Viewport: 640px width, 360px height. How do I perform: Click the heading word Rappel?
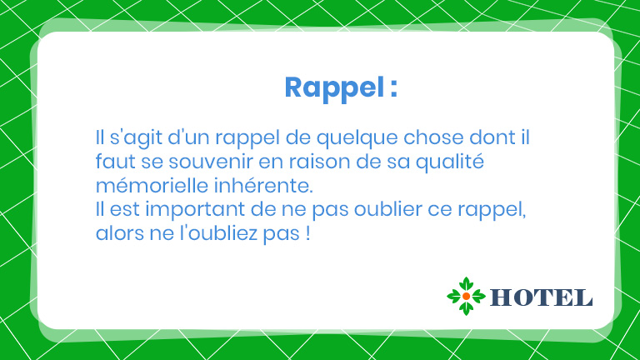tap(334, 88)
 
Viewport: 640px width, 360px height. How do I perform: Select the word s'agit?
tap(136, 138)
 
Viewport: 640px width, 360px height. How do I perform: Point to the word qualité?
tap(450, 162)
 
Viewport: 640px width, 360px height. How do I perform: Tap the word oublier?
tap(387, 209)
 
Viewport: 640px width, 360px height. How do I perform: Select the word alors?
tap(120, 233)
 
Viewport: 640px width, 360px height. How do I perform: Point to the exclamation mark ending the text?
tap(307, 233)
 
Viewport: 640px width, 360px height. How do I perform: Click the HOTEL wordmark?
tap(541, 297)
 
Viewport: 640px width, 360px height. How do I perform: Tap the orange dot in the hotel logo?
tap(466, 297)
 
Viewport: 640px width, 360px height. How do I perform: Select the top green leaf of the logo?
tap(466, 284)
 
